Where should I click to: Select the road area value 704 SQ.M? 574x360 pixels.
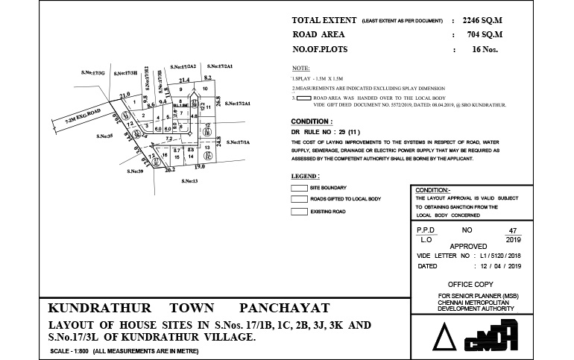tap(482, 35)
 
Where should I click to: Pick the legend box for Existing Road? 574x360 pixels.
tap(298, 212)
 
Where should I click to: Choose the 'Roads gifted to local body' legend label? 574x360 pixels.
tap(345, 200)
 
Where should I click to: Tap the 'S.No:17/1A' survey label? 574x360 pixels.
tap(239, 142)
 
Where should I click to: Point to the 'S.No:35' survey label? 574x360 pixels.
tap(104, 137)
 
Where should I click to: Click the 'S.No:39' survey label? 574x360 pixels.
tap(135, 171)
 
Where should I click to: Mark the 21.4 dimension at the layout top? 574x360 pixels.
tap(184, 80)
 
